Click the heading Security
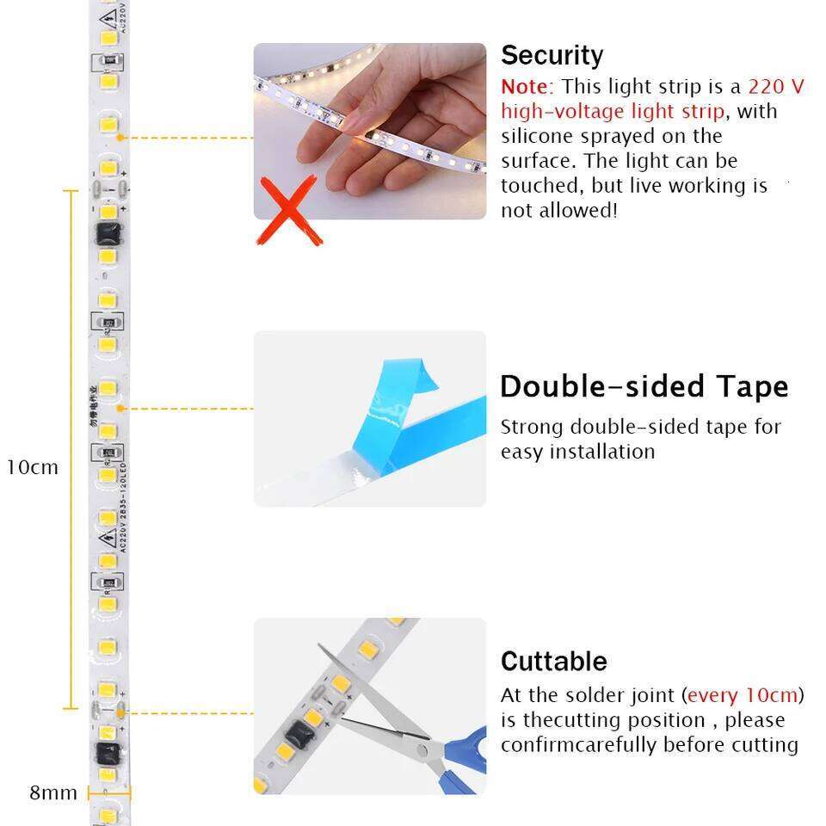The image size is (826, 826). (x=552, y=55)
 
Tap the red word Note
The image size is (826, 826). (x=524, y=87)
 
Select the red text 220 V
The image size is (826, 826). (x=776, y=87)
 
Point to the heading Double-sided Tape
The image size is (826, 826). (x=644, y=386)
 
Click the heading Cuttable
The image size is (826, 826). (x=553, y=661)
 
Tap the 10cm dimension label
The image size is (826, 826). (x=33, y=467)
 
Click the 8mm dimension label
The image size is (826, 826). (x=53, y=792)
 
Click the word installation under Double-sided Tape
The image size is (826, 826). (x=601, y=452)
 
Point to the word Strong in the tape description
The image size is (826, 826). (x=532, y=427)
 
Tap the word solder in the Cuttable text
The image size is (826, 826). (x=607, y=695)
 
